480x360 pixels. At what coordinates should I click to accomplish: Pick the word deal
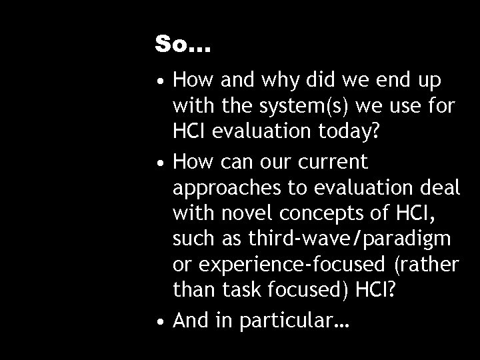coord(440,189)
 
